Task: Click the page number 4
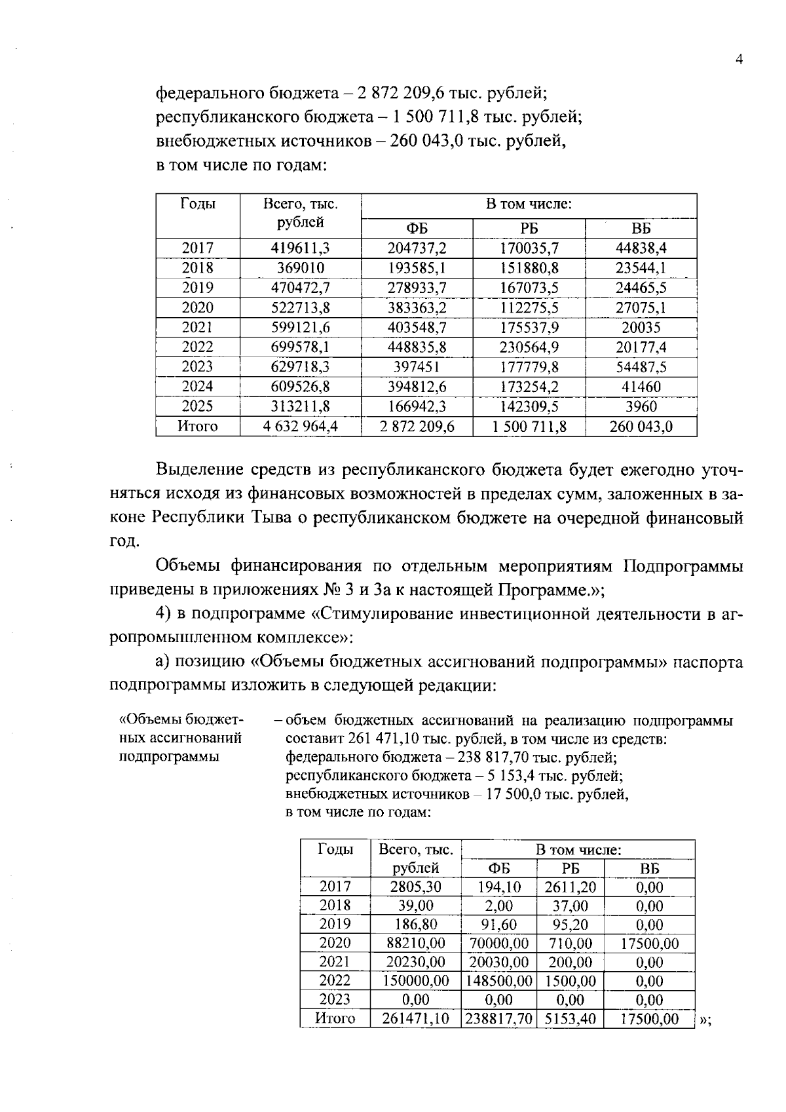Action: (x=739, y=60)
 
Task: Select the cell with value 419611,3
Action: (x=300, y=248)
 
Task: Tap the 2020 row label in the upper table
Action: (x=198, y=307)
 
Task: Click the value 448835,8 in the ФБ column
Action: (x=417, y=347)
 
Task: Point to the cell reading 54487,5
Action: (x=641, y=367)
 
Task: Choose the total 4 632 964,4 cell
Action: (x=300, y=427)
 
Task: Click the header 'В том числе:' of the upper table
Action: (x=529, y=204)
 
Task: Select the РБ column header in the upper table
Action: (x=529, y=229)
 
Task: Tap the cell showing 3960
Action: (x=641, y=406)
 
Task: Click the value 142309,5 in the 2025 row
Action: (x=529, y=406)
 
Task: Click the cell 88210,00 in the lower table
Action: (x=415, y=943)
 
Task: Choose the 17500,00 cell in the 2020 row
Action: (x=649, y=944)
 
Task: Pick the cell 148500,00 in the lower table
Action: (x=498, y=981)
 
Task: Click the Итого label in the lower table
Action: (x=335, y=1018)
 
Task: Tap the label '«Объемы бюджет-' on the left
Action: (x=181, y=719)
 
